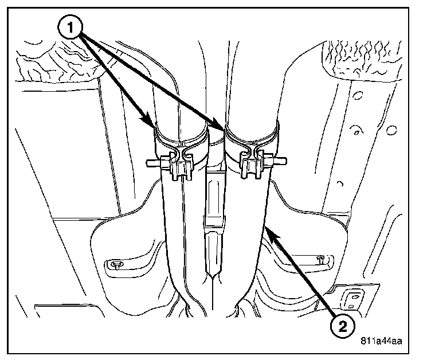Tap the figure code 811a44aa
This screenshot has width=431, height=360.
(381, 341)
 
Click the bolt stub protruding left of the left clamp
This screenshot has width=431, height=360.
(152, 163)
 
